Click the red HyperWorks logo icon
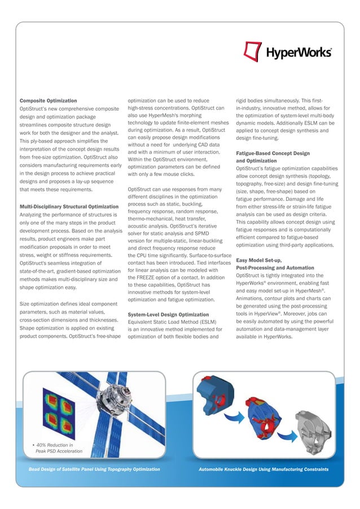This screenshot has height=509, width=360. [253, 51]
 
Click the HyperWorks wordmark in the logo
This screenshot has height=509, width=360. [298, 53]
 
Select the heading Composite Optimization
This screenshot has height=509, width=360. [49, 100]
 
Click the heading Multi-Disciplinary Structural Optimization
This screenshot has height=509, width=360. [69, 207]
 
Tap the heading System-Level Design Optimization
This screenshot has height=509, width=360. [168, 314]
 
